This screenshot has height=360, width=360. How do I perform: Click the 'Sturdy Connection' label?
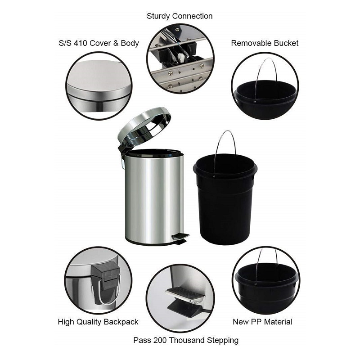(x=180, y=16)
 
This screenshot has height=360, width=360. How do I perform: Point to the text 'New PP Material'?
(x=262, y=322)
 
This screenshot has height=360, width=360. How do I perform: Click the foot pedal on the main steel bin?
(x=180, y=238)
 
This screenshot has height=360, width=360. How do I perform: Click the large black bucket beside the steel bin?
(x=225, y=199)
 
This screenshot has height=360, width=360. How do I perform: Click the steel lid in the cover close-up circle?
(x=99, y=81)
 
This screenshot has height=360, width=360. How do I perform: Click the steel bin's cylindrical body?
(x=154, y=198)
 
